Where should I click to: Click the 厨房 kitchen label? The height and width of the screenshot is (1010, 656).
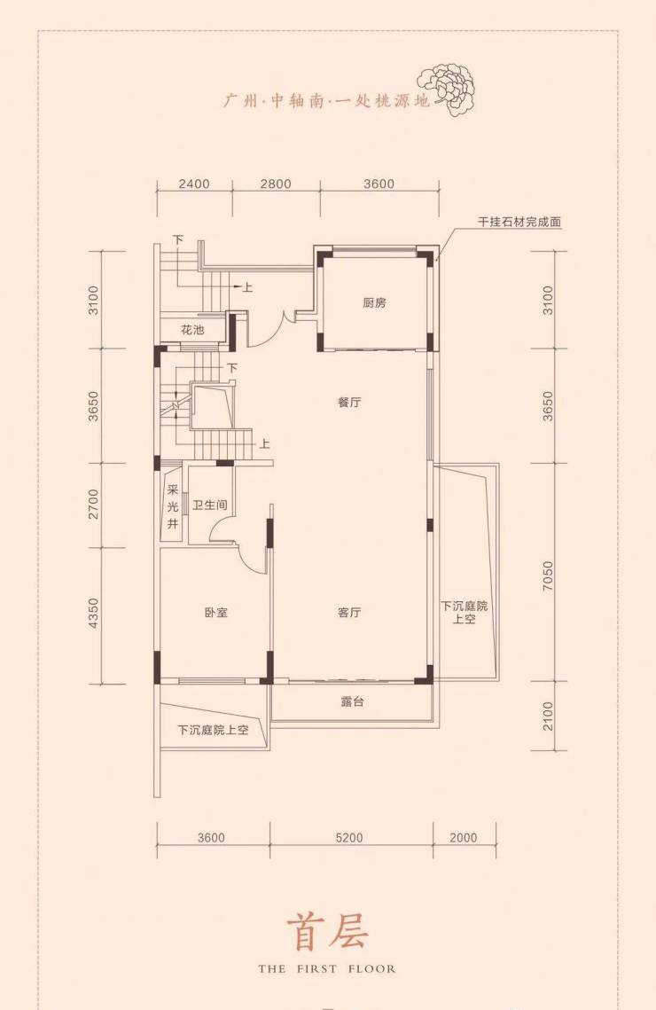tap(374, 302)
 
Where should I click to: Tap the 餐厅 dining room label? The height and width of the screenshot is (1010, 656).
tap(349, 403)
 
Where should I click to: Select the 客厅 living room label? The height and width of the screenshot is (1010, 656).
tap(349, 612)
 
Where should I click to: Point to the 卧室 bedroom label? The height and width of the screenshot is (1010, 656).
tap(216, 613)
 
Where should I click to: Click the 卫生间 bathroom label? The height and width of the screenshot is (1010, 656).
tap(210, 505)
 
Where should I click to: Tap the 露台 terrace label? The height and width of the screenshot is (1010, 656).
tap(352, 701)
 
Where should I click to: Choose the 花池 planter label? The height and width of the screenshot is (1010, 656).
tap(191, 330)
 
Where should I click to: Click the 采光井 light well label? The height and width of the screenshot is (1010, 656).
tap(173, 507)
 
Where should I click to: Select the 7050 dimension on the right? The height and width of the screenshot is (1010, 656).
tap(548, 575)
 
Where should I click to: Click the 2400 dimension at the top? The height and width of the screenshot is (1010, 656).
tap(194, 184)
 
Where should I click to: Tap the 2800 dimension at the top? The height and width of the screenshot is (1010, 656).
tap(276, 184)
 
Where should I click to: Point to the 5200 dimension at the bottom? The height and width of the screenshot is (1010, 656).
tap(349, 837)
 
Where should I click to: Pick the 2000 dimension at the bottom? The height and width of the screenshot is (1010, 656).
tap(464, 837)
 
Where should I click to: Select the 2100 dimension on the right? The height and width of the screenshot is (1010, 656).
tap(548, 716)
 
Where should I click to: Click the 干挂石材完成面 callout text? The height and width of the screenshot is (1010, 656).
tap(519, 222)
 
